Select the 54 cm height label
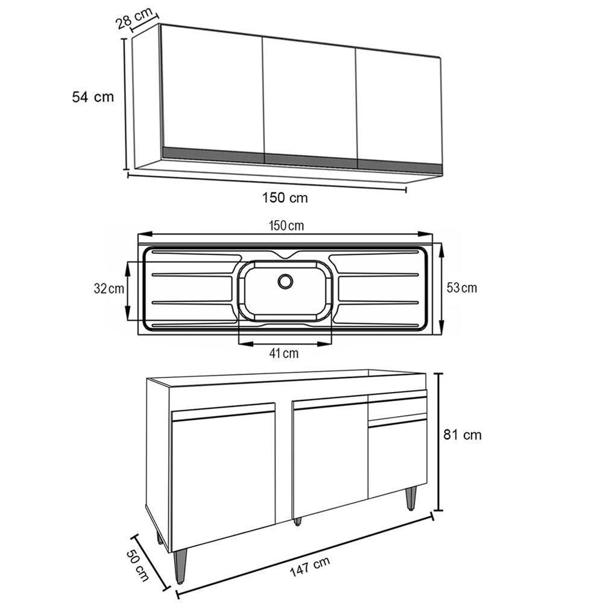click(92, 96)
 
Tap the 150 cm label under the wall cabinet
click(285, 197)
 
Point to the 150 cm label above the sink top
click(286, 226)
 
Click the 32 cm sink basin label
click(109, 289)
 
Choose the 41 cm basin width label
click(283, 354)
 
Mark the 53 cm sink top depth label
click(462, 288)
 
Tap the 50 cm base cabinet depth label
click(138, 564)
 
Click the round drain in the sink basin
click(285, 280)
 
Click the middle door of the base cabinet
click(330, 458)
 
